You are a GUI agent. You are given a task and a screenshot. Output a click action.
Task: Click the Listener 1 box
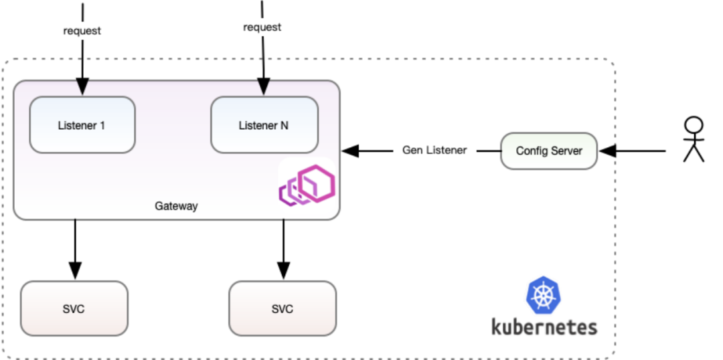(82, 125)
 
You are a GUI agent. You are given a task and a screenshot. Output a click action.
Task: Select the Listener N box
(264, 125)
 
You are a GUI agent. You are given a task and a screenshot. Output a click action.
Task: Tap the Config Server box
(549, 151)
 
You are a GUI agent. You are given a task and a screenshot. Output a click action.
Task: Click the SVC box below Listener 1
(74, 308)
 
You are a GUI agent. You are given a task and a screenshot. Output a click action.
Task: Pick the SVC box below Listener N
(283, 308)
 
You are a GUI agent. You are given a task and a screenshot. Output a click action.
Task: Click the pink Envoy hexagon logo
(307, 186)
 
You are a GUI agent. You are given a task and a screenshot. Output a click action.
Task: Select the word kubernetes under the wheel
(544, 327)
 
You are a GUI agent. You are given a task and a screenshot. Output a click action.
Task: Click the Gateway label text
(176, 206)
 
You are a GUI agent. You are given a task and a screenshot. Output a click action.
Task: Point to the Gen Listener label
(434, 151)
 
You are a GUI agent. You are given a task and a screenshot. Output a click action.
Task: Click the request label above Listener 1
(82, 31)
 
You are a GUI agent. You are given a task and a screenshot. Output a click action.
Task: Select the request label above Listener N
(262, 27)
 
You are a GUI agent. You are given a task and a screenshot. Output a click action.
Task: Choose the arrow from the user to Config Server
(633, 151)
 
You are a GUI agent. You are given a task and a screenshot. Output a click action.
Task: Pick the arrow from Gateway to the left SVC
(75, 248)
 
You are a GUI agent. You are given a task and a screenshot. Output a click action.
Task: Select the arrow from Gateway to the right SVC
(284, 248)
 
